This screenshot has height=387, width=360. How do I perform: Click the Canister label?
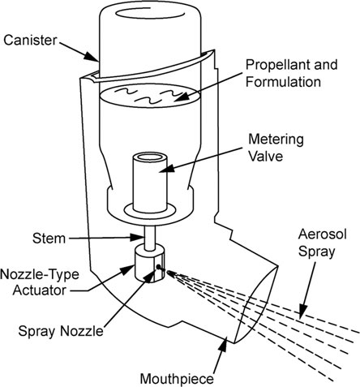pos(30,41)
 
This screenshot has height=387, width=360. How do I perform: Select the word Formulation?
pos(283,82)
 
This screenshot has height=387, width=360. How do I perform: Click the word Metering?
pos(276,140)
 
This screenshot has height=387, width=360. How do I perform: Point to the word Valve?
pos(265,156)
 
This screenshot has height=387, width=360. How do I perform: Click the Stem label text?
pos(49,239)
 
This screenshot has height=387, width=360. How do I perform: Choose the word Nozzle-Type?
pos(40,274)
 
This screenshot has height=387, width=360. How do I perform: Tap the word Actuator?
pos(40,290)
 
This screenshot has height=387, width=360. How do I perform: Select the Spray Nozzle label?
pos(61,331)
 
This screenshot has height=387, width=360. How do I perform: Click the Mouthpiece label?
pos(177,379)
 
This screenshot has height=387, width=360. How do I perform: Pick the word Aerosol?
pos(322,234)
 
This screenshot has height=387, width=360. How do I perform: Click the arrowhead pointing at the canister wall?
pos(92,57)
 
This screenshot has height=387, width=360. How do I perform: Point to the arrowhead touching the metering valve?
pos(165,168)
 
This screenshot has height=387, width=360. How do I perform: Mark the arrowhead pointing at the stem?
pos(137,238)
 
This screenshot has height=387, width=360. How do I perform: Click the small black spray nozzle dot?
pos(158,267)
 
